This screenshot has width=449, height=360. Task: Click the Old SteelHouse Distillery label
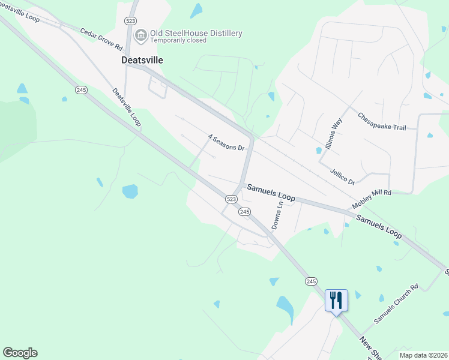point(196,33)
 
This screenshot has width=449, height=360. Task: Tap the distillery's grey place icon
point(141,36)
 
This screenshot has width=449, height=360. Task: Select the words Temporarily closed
point(178,41)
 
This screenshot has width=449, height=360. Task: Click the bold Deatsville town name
point(142,61)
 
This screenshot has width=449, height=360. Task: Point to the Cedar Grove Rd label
point(101,39)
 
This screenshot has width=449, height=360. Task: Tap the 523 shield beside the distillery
point(130,20)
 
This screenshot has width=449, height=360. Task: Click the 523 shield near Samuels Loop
point(232,199)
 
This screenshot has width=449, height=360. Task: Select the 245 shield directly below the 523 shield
point(244,212)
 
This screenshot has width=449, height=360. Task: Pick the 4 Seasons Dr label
point(227,143)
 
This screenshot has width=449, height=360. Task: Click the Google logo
point(20,353)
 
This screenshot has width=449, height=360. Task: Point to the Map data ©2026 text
point(423,355)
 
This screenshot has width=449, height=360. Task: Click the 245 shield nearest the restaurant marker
point(311,281)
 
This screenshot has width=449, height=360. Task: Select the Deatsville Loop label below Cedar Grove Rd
point(127,107)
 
